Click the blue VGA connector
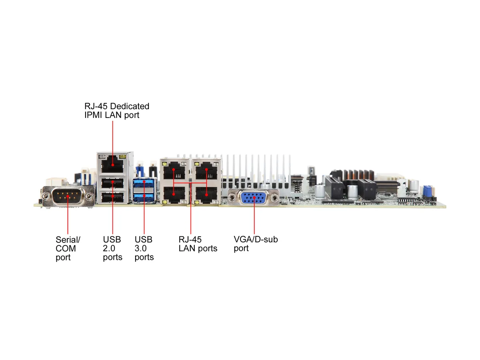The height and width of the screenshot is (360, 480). coord(254,197)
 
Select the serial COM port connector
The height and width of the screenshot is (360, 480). coord(67,196)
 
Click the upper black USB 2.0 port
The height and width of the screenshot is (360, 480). coord(112,183)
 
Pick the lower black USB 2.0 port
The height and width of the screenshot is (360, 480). coord(112,197)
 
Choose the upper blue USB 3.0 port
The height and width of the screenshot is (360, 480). coord(144,183)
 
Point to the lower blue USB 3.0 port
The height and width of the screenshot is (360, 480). coord(144,197)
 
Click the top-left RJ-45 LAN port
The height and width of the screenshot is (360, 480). coord(174,170)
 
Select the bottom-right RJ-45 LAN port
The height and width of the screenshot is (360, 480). coord(206,194)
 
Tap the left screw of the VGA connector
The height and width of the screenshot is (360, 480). coord(232,198)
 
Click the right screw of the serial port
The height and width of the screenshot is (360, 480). coord(89,196)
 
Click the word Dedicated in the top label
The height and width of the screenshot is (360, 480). coord(130,106)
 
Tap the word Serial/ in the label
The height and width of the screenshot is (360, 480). coord(68,240)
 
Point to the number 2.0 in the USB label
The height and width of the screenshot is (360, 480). coord(109,248)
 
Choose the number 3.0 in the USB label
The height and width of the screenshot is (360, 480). coord(141,248)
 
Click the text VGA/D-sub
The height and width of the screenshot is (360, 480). coord(256,239)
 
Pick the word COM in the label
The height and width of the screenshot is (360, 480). coord(66,248)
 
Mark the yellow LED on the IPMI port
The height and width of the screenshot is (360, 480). coord(123,157)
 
